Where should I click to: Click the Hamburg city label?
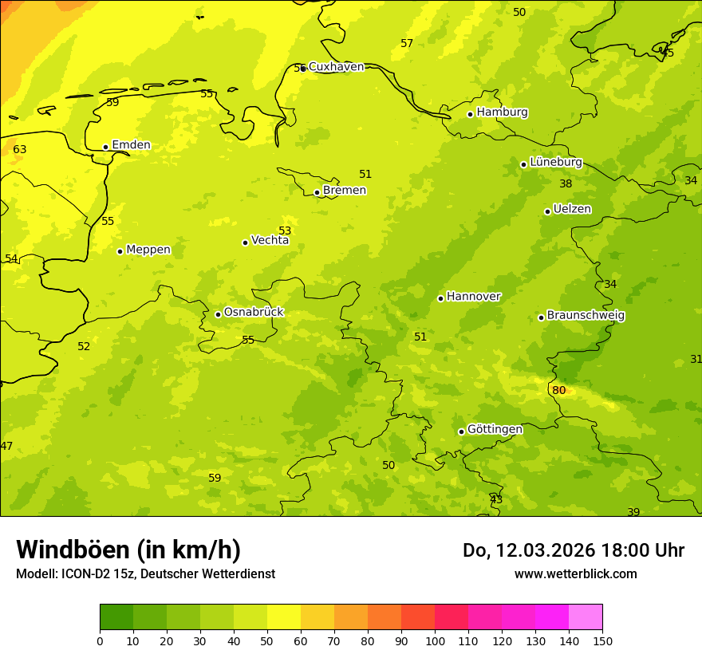coord(502,112)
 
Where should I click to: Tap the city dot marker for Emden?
coord(105,147)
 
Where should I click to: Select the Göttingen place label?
coord(495,429)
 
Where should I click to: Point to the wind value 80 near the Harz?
coord(559,390)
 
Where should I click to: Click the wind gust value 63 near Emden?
coord(20,149)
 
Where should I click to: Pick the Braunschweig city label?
coord(586,315)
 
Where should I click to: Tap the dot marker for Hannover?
coord(440,298)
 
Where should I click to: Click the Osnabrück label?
coord(254,312)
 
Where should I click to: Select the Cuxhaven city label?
coord(336,67)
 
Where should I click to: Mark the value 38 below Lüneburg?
coord(566,183)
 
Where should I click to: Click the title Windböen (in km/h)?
coord(128,550)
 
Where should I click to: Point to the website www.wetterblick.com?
coord(575,573)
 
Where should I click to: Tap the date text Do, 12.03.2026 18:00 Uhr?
coord(573,550)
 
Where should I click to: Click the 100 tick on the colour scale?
coord(435,640)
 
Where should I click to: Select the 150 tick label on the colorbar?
coord(601,640)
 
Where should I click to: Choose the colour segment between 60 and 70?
coord(317,617)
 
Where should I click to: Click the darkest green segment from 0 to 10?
coord(116,617)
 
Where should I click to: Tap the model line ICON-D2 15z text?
coord(145,573)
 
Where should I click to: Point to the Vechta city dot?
coord(245,242)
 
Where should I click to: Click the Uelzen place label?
coord(572,209)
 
